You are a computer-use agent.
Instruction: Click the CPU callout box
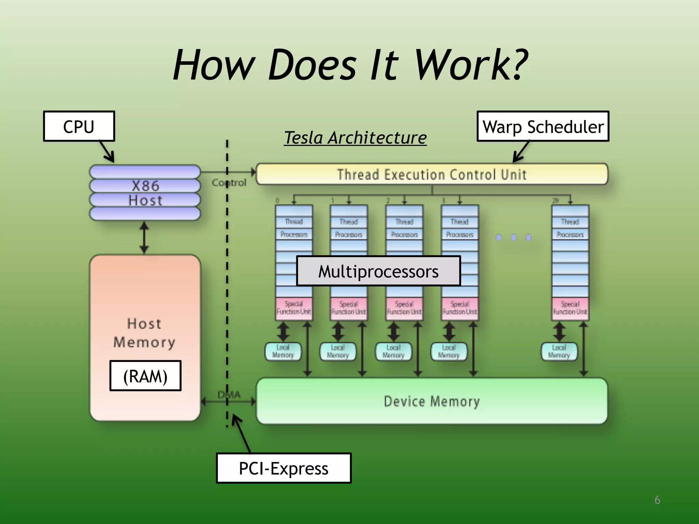(79, 127)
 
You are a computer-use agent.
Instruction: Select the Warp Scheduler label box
(543, 127)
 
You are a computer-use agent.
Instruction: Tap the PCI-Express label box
(283, 468)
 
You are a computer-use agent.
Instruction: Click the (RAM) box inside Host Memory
(145, 376)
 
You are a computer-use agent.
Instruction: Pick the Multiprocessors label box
(378, 271)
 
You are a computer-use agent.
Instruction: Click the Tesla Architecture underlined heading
(355, 138)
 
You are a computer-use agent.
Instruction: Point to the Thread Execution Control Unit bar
(432, 174)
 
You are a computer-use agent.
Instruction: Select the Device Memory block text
(432, 401)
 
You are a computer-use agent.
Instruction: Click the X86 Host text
(145, 193)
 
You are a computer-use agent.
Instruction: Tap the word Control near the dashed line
(229, 183)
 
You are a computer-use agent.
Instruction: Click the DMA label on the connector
(229, 395)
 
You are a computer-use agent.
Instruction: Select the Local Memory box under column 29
(559, 352)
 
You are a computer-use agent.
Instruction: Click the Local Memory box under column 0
(283, 352)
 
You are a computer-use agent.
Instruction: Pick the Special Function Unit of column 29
(570, 308)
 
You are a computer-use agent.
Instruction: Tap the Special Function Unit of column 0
(294, 308)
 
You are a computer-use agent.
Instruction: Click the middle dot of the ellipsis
(514, 237)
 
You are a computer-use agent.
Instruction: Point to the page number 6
(657, 500)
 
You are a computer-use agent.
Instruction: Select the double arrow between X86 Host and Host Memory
(144, 238)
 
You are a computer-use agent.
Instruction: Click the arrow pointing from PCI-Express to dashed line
(242, 433)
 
